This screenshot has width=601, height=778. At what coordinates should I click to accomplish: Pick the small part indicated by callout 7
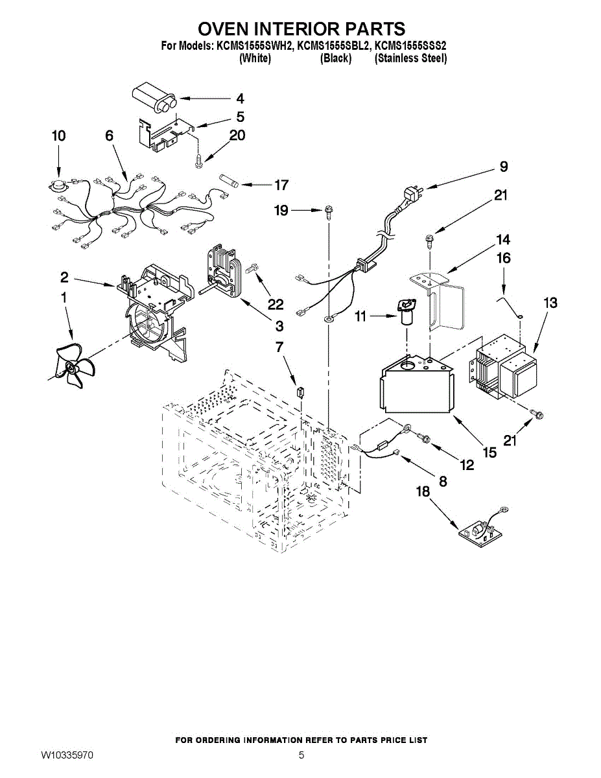pos(301,392)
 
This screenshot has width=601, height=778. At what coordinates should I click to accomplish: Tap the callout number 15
pos(489,453)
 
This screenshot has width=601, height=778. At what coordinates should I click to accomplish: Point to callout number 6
pos(109,136)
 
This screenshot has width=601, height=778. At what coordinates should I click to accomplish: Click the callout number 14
pos(502,240)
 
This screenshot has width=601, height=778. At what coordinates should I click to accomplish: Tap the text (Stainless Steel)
pos(410,58)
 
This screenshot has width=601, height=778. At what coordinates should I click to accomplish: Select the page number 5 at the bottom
pos(301,755)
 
